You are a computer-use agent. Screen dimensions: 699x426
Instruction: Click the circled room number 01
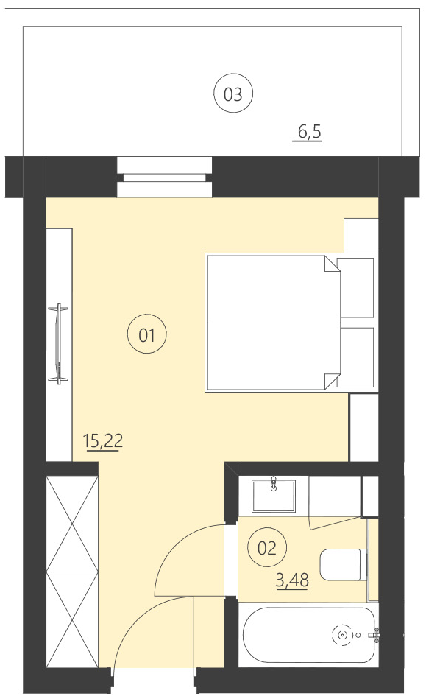click(146, 335)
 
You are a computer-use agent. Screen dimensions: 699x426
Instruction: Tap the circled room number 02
click(266, 547)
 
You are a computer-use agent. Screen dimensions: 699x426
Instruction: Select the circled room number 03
click(232, 94)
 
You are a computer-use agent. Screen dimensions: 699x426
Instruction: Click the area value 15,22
click(102, 442)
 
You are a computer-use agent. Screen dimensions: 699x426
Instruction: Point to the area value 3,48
click(291, 580)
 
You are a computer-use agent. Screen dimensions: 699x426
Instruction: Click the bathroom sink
click(274, 495)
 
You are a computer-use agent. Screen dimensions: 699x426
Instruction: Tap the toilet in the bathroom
click(344, 564)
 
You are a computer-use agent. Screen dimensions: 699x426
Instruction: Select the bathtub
click(309, 634)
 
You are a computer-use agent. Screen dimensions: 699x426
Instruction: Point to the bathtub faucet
click(374, 634)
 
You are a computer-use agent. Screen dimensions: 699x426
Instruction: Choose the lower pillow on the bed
click(357, 357)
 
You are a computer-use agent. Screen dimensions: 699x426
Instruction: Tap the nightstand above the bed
click(361, 234)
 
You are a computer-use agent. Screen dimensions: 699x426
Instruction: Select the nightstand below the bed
click(363, 427)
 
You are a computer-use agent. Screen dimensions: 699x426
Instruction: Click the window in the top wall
click(164, 177)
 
